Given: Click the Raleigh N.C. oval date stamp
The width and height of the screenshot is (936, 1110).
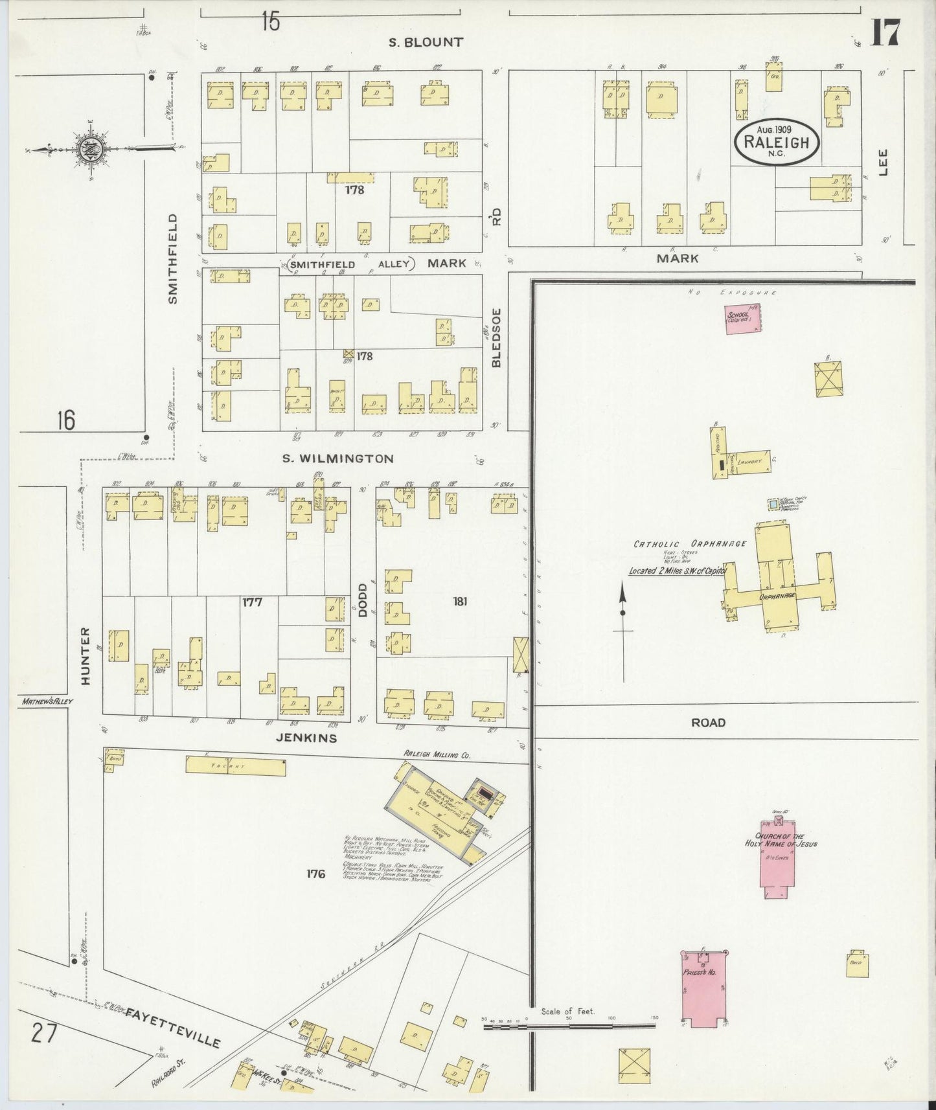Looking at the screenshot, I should [x=776, y=142].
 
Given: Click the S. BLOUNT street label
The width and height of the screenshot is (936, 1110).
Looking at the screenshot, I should [x=426, y=43].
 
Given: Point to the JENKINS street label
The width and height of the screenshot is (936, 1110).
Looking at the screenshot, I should [x=306, y=737].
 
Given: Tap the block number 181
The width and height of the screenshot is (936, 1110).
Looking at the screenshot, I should [x=460, y=601].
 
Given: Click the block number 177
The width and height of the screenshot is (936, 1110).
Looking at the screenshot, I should [x=252, y=602].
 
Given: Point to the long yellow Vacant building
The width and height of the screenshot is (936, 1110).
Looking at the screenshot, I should [x=236, y=766].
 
